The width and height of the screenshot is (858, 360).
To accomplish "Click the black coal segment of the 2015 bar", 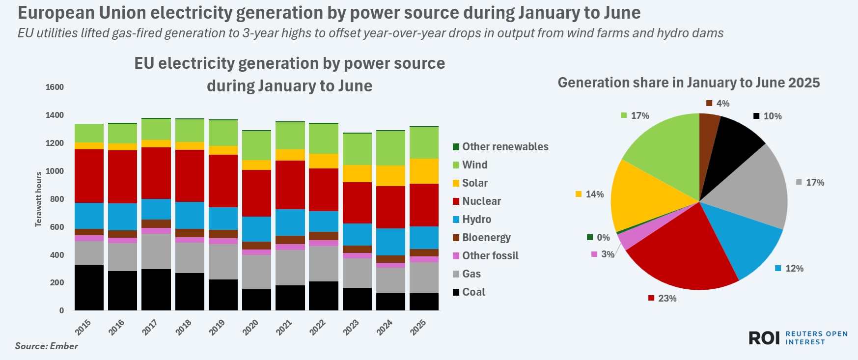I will tap(89, 287).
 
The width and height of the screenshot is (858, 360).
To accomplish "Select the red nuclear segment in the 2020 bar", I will tap(256, 193).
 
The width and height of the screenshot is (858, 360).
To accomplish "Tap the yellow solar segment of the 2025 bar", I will tap(424, 171).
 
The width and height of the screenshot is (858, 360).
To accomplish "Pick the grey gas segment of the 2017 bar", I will tap(156, 251).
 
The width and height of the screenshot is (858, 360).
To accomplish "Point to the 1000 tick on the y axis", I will tap(55, 171).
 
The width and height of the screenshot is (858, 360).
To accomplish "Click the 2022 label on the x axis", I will tap(318, 327).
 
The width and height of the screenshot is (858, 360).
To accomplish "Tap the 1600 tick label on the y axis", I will tap(55, 87).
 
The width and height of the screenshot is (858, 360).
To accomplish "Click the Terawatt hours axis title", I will tap(38, 199).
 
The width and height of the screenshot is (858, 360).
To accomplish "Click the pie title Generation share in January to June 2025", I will tap(689, 83).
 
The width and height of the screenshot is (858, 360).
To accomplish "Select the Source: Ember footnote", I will tap(47, 346).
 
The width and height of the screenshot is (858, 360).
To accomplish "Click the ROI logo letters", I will tap(764, 338).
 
